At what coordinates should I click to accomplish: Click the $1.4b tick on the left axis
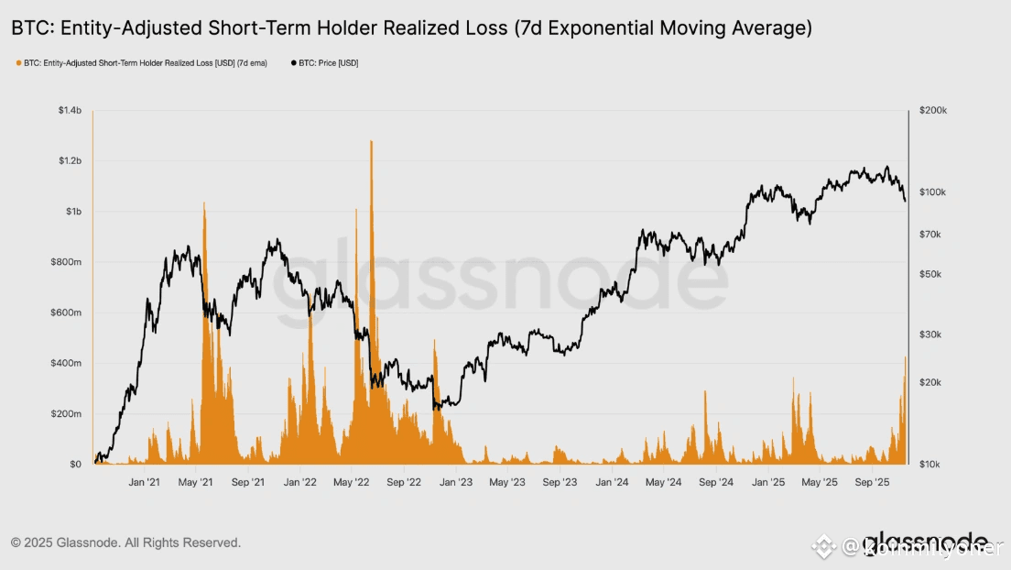(71, 110)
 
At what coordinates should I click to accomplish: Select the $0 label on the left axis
(75, 465)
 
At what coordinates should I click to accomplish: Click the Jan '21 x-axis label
(145, 482)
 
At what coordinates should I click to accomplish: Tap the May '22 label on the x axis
(351, 482)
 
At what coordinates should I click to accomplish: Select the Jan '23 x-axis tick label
(455, 482)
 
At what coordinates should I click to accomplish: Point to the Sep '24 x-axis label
(716, 482)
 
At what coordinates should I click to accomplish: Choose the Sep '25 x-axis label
(872, 482)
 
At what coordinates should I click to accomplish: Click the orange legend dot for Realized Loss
(18, 63)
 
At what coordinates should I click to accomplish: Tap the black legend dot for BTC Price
(293, 63)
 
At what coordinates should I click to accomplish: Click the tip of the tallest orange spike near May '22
(371, 141)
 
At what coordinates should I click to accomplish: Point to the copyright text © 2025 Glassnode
(125, 543)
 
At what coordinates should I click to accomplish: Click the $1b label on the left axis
(75, 212)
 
